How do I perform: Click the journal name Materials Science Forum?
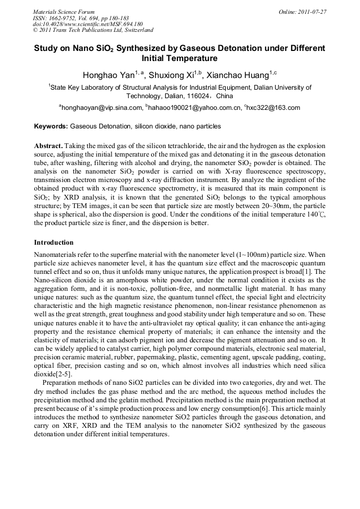[x=64, y=12]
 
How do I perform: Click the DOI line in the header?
[x=88, y=24]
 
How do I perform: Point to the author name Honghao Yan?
[x=106, y=74]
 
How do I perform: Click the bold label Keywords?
[x=51, y=127]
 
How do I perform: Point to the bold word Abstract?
[x=49, y=145]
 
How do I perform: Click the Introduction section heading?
[x=54, y=243]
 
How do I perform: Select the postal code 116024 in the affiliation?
[x=182, y=97]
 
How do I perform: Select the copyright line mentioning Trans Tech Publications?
[x=93, y=31]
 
